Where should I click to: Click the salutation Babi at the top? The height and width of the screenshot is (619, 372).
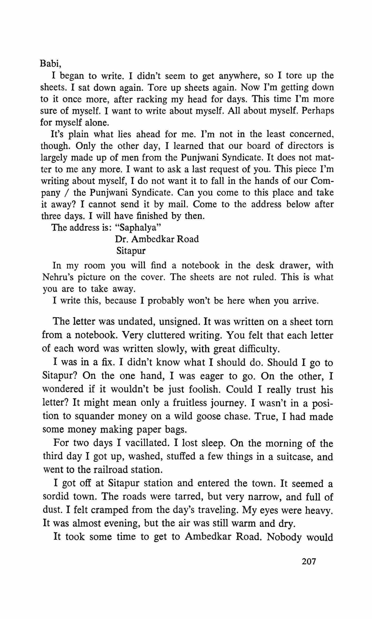click(50, 64)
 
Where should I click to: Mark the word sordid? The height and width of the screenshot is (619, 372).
click(56, 496)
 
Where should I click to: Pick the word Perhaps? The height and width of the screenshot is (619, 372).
click(318, 111)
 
